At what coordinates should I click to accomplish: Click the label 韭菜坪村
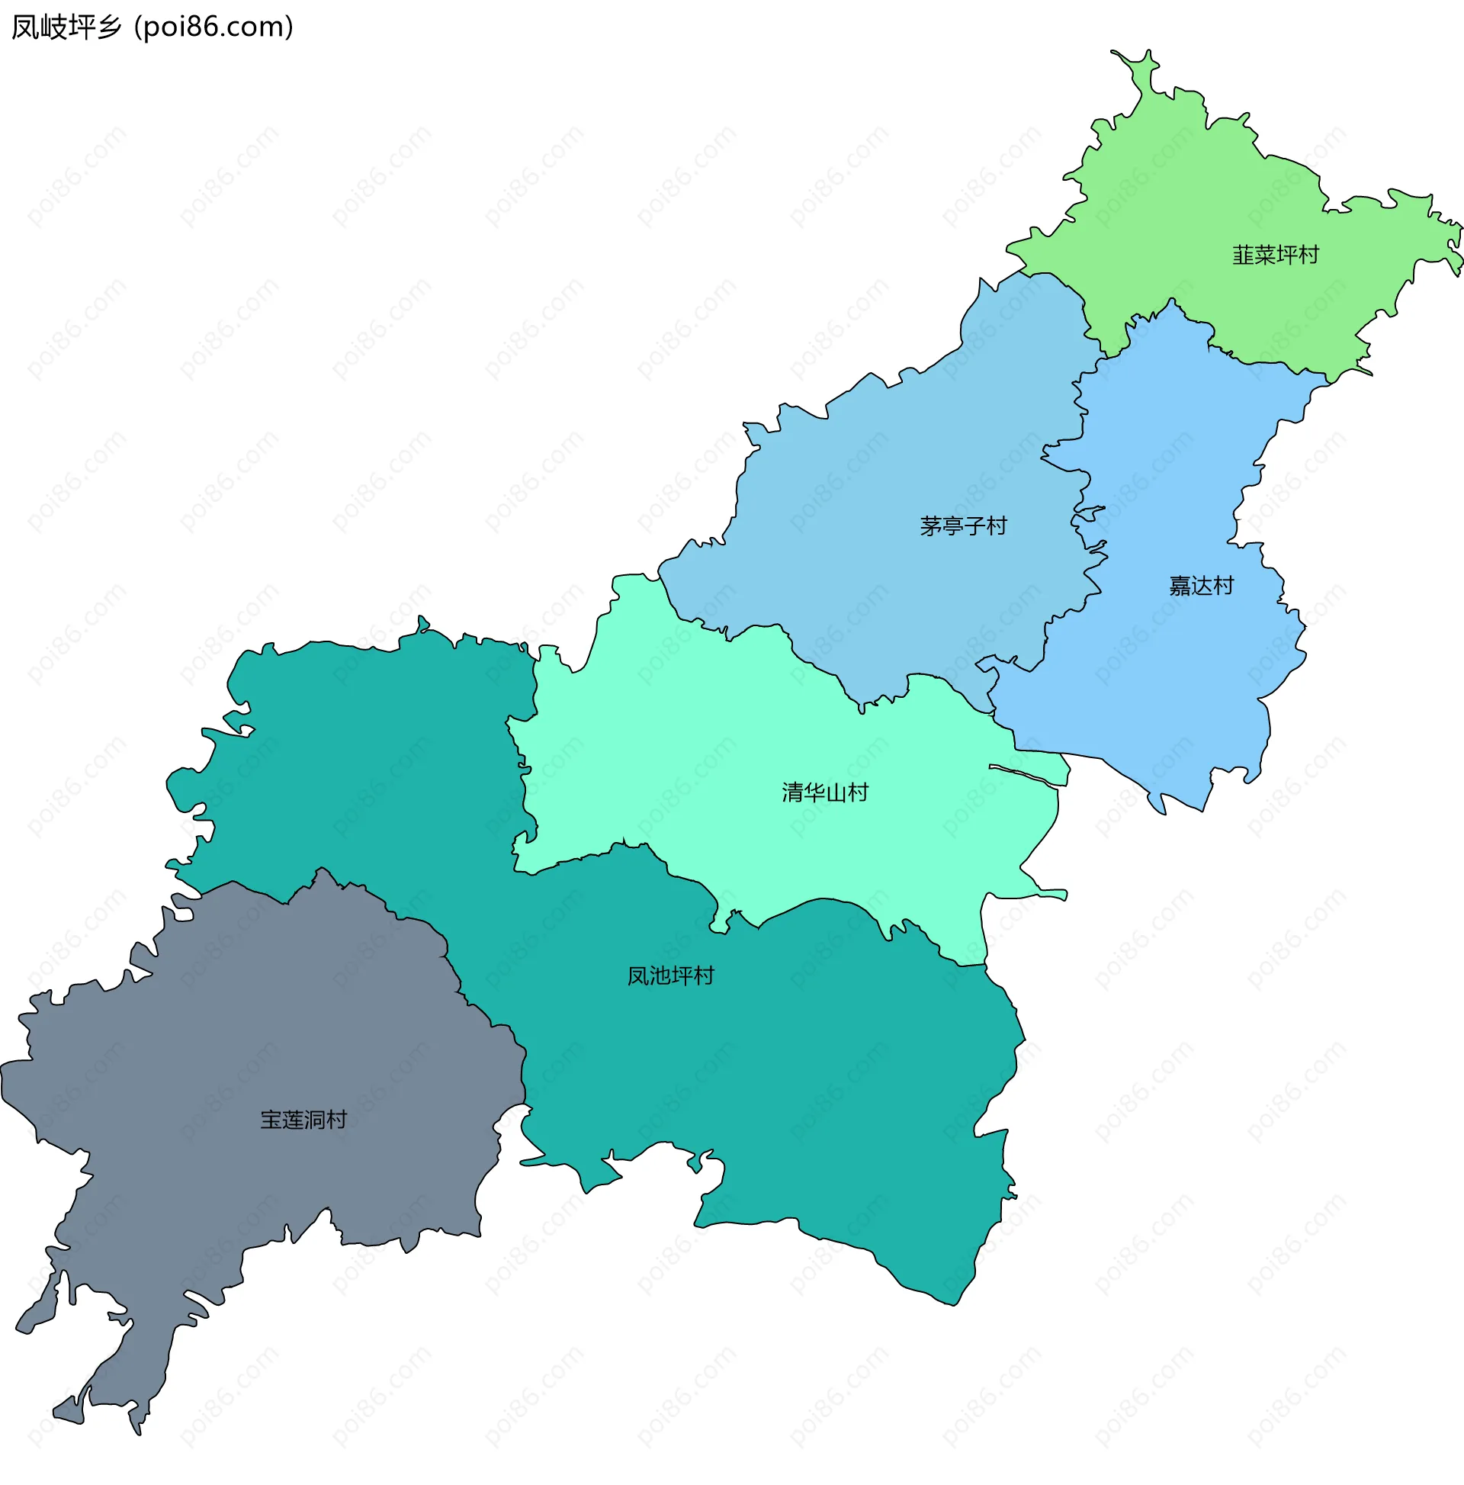[1275, 256]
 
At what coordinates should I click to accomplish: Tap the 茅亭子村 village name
[963, 526]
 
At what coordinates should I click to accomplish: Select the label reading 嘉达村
[1200, 587]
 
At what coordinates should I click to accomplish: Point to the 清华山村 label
[824, 792]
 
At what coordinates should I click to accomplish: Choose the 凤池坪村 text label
[670, 976]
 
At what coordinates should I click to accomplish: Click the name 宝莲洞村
[303, 1120]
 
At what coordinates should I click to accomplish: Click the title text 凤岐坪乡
[67, 27]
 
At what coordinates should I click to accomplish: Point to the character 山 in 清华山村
[836, 792]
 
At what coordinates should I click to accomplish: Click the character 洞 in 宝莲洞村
[315, 1120]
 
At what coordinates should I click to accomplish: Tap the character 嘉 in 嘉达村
[1180, 587]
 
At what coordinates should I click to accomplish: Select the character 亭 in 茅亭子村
[952, 526]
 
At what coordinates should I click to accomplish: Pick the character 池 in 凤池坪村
[660, 976]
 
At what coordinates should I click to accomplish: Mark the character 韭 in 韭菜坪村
[1243, 256]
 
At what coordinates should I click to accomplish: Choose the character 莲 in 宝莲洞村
[293, 1120]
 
